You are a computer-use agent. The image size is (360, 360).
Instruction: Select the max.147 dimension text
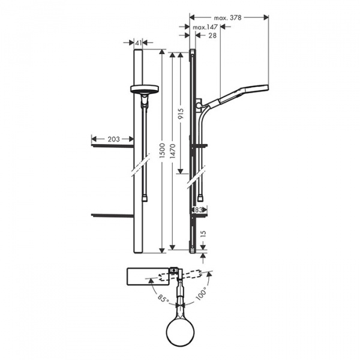click(205, 28)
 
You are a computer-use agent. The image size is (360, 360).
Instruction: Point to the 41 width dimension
click(138, 43)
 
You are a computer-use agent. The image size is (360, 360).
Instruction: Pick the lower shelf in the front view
click(112, 214)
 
